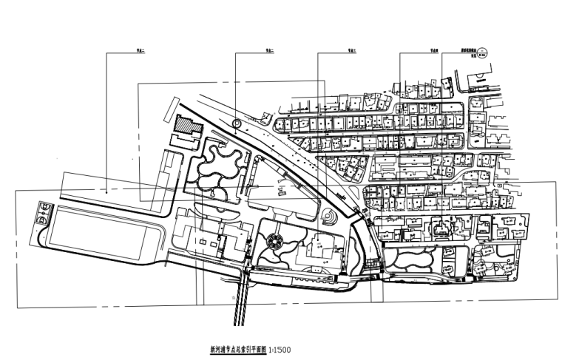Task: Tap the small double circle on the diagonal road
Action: pyautogui.click(x=236, y=123)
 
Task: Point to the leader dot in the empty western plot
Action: pyautogui.click(x=106, y=191)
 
